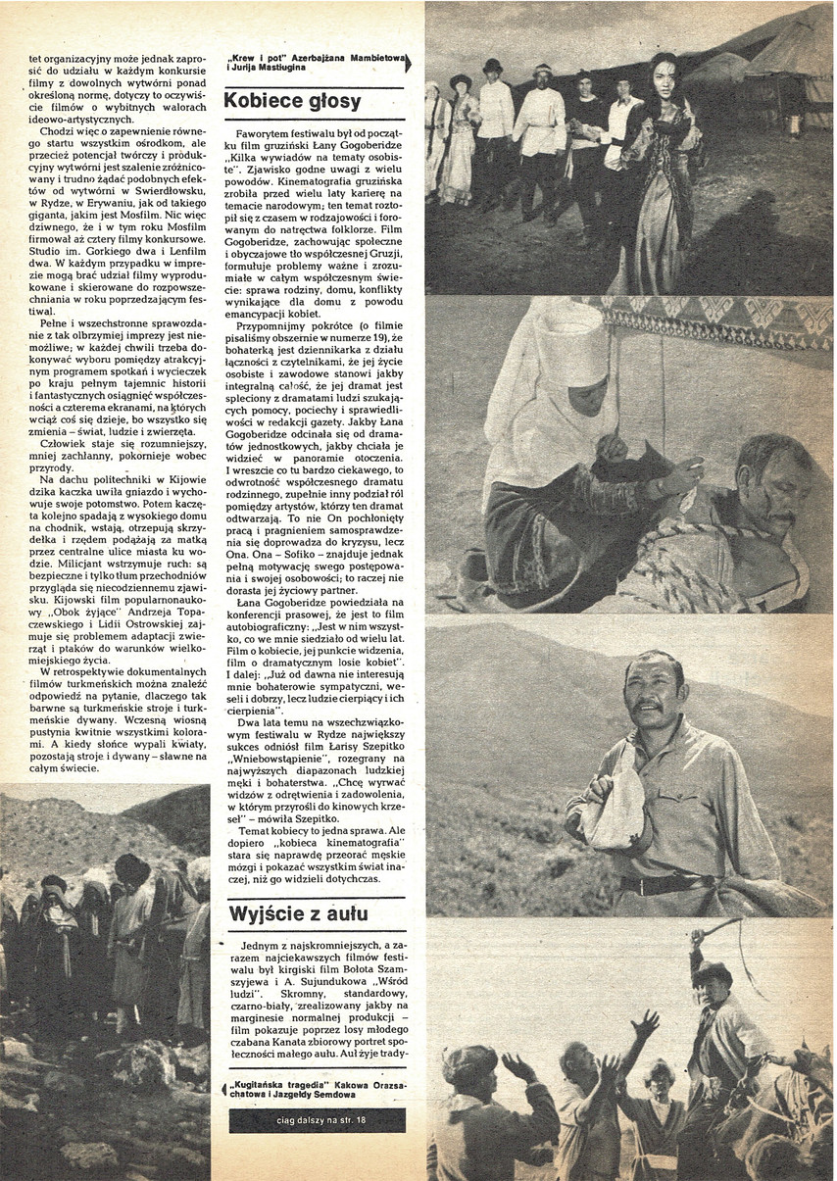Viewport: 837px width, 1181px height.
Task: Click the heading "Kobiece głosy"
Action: pos(293,101)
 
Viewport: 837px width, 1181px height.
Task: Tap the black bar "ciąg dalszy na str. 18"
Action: pos(318,1120)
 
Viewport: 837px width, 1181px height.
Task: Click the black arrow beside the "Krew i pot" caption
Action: pos(408,64)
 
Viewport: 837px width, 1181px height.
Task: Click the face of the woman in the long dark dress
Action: pos(664,76)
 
